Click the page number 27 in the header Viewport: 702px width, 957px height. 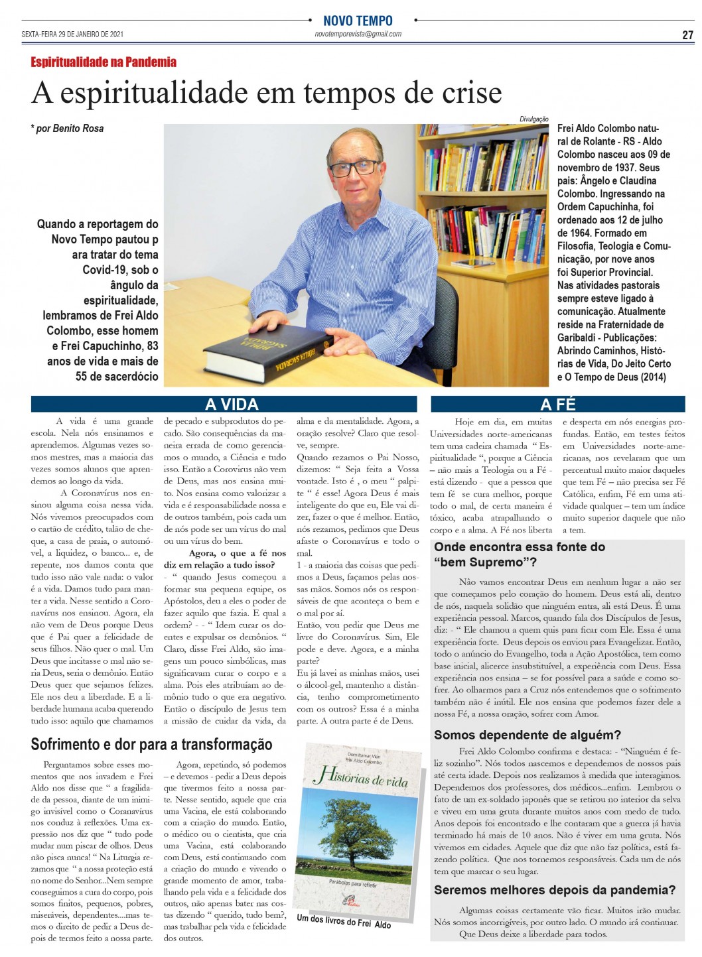pyautogui.click(x=687, y=35)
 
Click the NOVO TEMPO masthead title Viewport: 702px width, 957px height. pyautogui.click(x=358, y=21)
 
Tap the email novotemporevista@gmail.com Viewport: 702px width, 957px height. pyautogui.click(x=358, y=34)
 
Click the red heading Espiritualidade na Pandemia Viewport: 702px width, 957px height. pyautogui.click(x=104, y=62)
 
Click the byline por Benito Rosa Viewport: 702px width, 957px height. pyautogui.click(x=68, y=128)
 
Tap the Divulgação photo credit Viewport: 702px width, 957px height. pyautogui.click(x=534, y=119)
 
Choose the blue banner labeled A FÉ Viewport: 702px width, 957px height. pyautogui.click(x=558, y=404)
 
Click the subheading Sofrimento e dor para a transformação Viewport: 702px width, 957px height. pyautogui.click(x=151, y=744)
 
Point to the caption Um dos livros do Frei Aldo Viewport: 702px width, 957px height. pyautogui.click(x=344, y=921)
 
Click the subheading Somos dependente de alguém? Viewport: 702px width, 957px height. pyautogui.click(x=527, y=735)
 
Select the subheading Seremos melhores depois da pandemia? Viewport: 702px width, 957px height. pyautogui.click(x=554, y=890)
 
